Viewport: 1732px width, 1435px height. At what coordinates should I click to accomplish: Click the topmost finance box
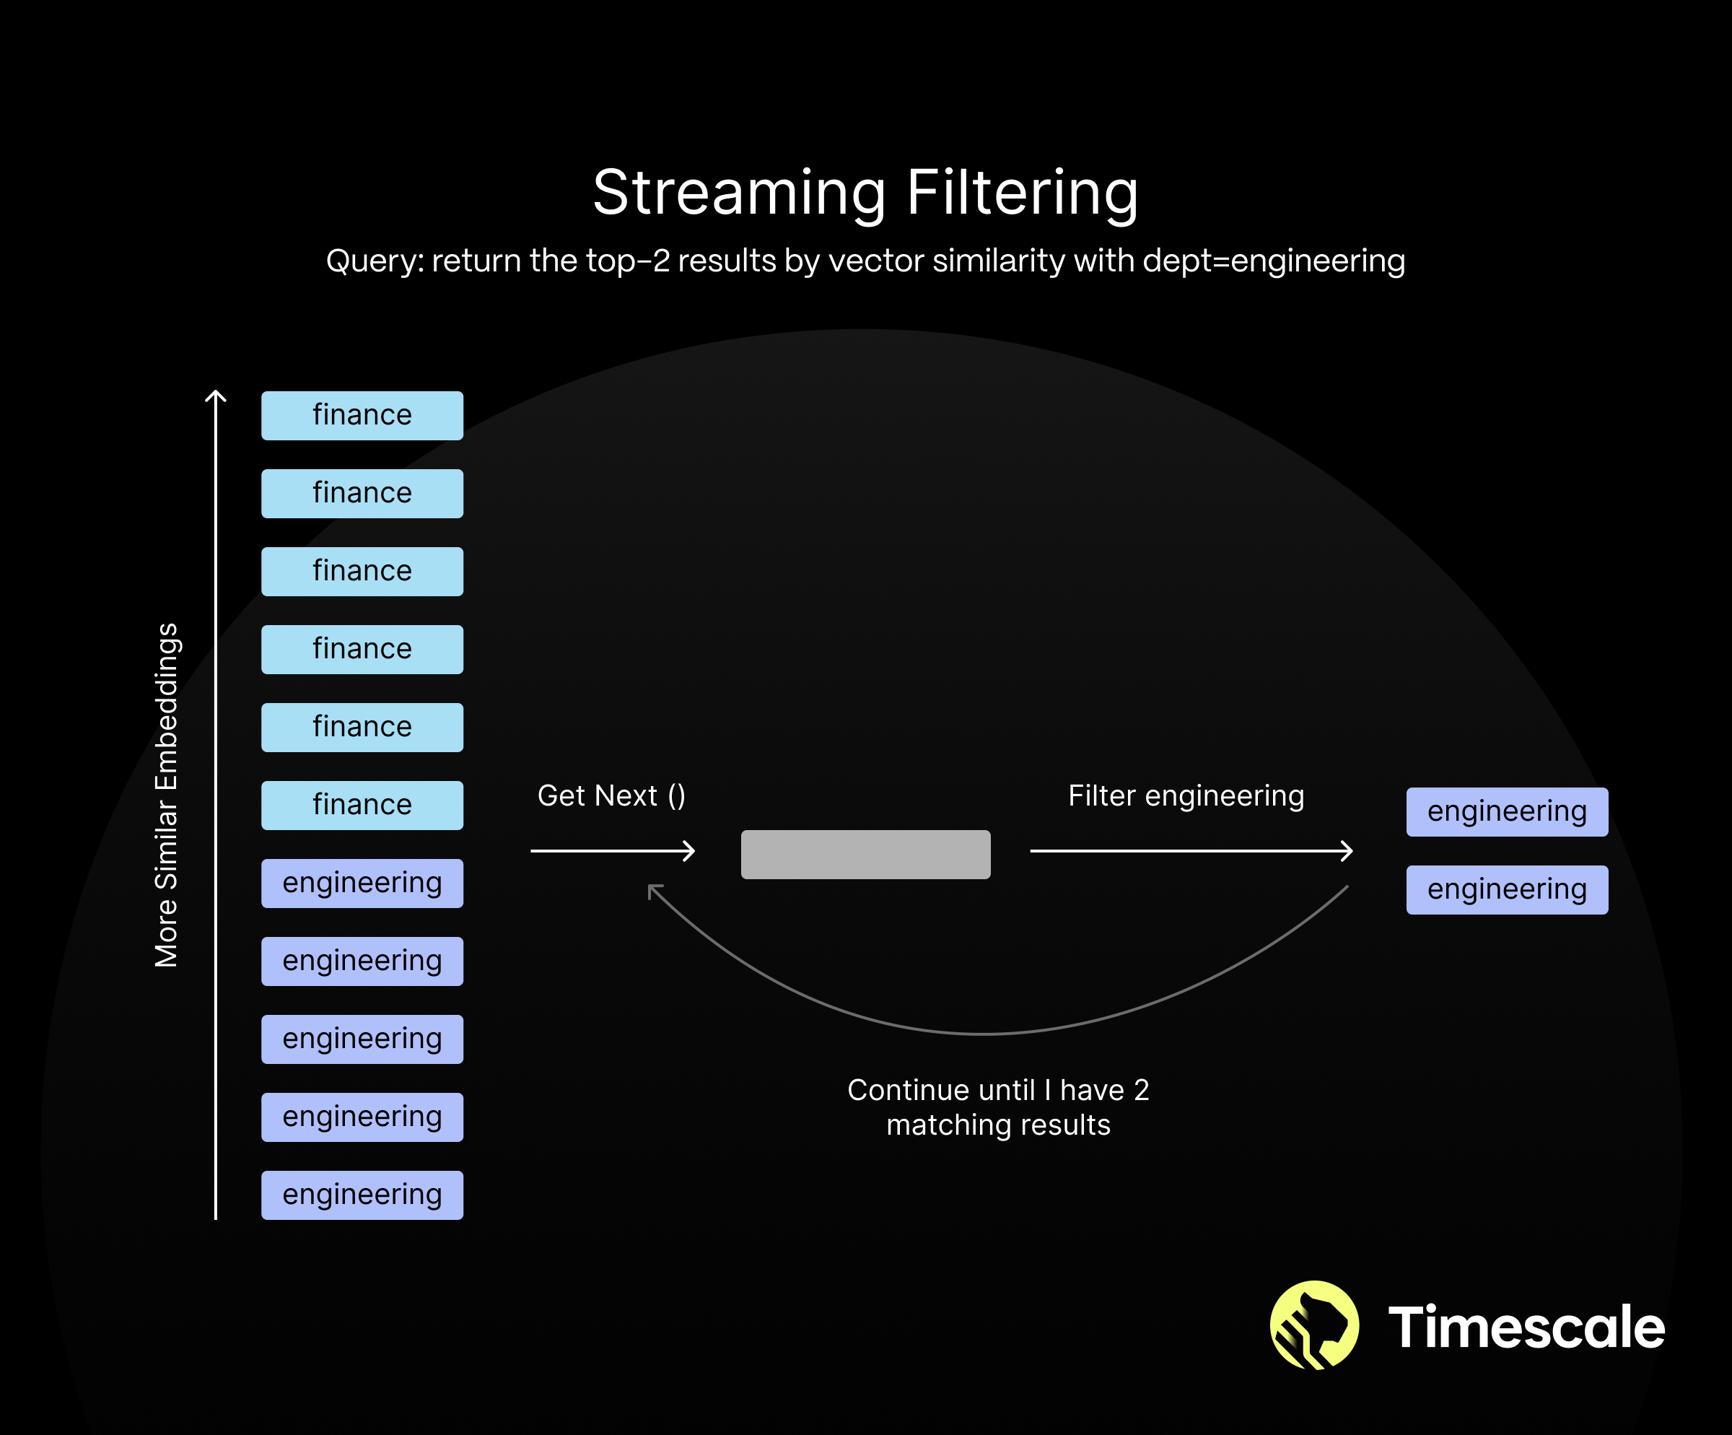tap(362, 415)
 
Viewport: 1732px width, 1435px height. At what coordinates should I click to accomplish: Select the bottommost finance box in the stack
tap(362, 805)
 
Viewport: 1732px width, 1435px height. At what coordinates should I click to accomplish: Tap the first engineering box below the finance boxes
tap(362, 884)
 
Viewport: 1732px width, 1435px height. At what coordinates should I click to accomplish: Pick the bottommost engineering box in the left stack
tap(362, 1195)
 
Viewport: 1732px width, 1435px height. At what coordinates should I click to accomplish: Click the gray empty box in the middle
tap(865, 855)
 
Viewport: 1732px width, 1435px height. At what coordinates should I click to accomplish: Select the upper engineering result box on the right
tap(1507, 811)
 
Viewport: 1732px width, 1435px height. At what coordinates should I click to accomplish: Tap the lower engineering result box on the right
tap(1507, 890)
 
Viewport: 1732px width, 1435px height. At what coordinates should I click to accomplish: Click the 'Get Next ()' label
tap(611, 796)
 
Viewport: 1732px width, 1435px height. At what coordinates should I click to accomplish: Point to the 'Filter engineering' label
tap(1186, 796)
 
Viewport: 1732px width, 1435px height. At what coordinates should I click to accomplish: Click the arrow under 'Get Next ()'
tap(613, 850)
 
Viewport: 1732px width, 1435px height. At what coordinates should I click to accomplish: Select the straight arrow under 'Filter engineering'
tap(1191, 850)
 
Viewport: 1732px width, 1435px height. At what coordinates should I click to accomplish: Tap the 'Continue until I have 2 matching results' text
tap(998, 1107)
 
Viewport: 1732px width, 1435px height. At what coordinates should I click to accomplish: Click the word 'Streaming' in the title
tap(739, 192)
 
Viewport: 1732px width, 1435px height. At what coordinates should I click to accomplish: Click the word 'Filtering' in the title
tap(1023, 192)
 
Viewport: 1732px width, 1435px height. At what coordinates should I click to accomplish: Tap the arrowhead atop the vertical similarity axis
tap(215, 396)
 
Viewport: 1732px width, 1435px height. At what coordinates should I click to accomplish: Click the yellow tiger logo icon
tap(1314, 1325)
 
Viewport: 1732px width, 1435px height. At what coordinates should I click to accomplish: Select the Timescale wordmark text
tap(1526, 1327)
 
